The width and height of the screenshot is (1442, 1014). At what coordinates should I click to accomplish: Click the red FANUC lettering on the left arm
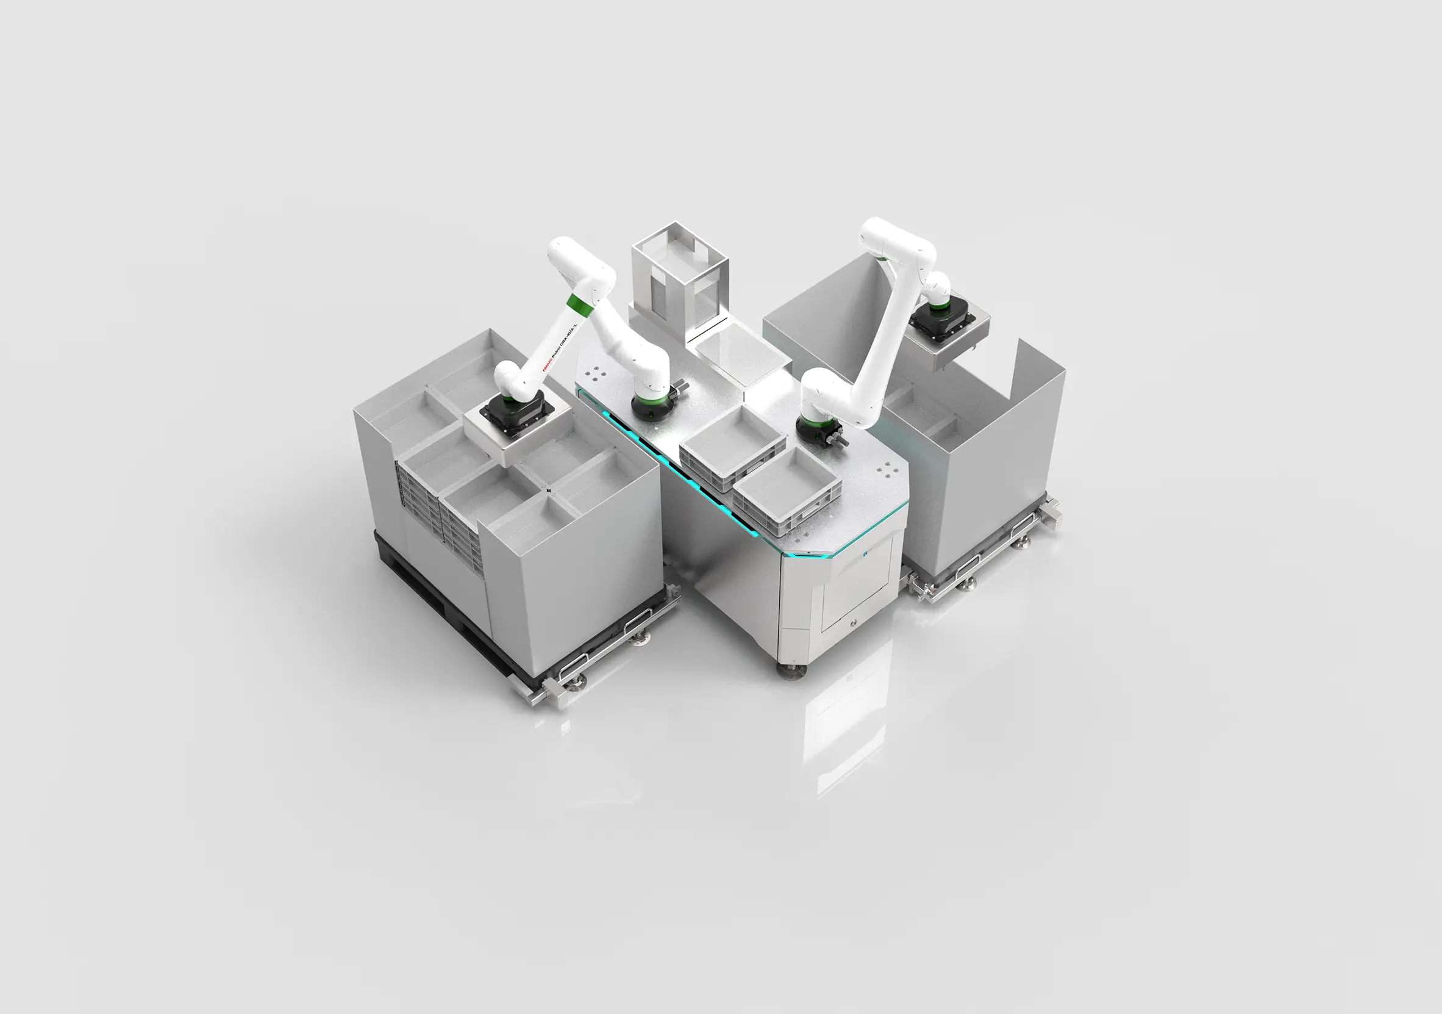(x=546, y=361)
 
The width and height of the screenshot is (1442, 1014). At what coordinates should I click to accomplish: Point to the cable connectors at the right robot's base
(x=836, y=438)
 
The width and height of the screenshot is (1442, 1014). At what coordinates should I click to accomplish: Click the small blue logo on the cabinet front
(x=865, y=554)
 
